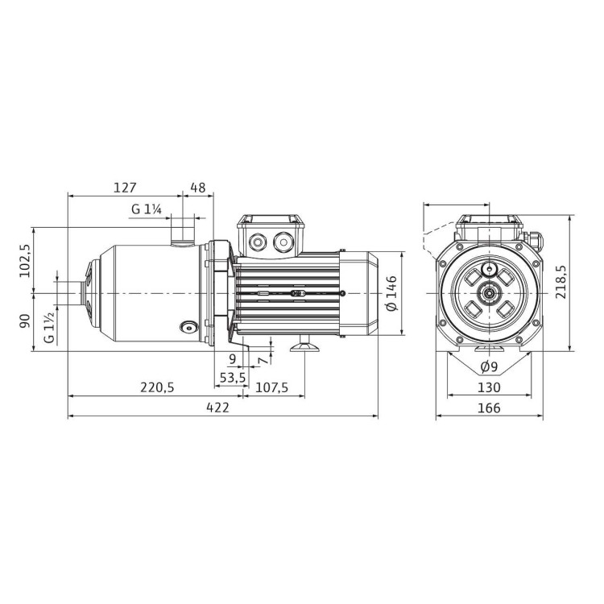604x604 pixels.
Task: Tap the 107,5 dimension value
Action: pyautogui.click(x=271, y=387)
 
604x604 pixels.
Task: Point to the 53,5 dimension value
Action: pyautogui.click(x=233, y=377)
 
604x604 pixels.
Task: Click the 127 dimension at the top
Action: pyautogui.click(x=124, y=188)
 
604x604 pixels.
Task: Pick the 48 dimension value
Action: pyautogui.click(x=197, y=188)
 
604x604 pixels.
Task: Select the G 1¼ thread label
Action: pyautogui.click(x=148, y=209)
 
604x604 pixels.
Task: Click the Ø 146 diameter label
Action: pyautogui.click(x=392, y=293)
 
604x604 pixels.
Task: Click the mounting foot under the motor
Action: pyautogui.click(x=304, y=347)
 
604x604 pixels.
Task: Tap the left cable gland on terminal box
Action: pyautogui.click(x=259, y=240)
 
